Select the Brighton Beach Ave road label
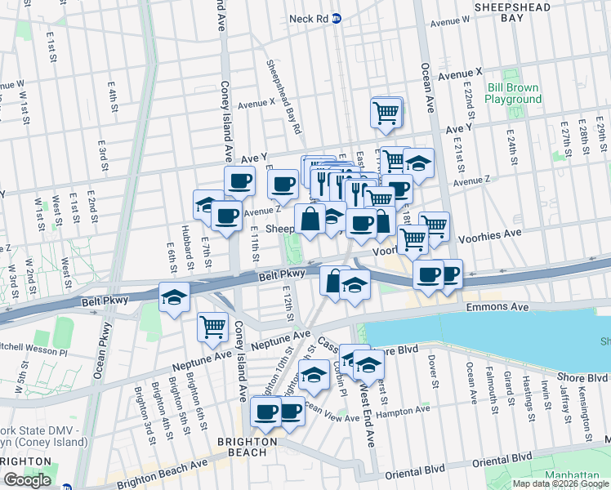point(163,473)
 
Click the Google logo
point(27,479)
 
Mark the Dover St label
point(434,372)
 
